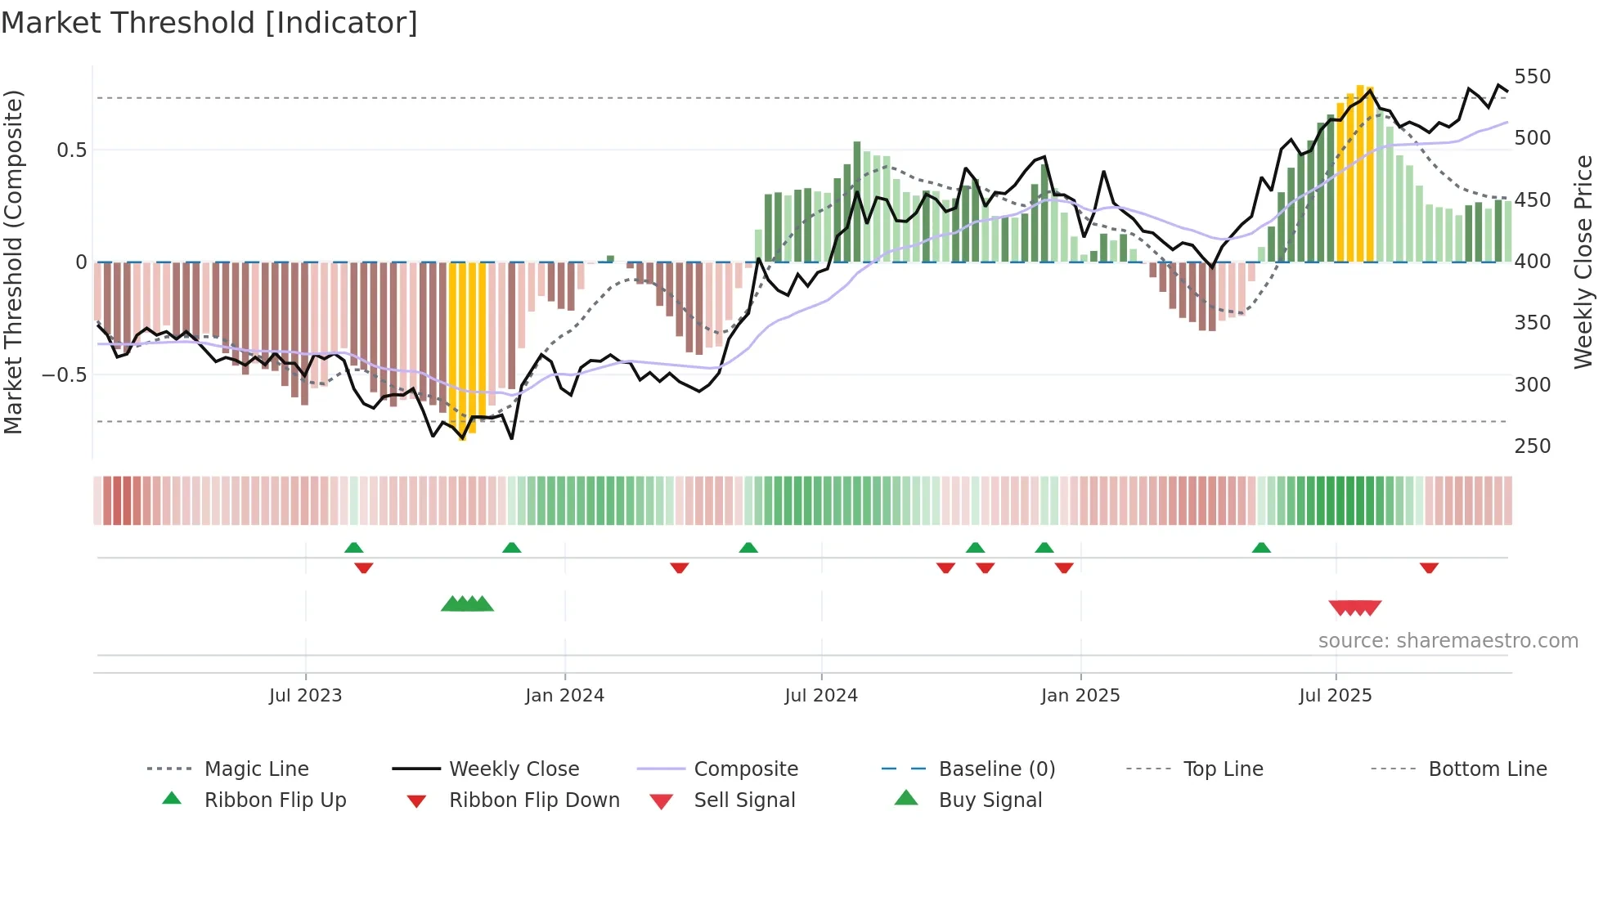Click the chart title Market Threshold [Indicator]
pos(209,23)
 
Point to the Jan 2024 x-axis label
pos(564,696)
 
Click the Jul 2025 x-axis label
pos(1335,696)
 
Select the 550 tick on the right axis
pos(1532,77)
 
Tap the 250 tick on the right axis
pos(1532,446)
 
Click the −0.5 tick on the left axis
pos(65,375)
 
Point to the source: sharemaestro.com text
pos(1448,641)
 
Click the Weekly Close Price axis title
pos(1583,262)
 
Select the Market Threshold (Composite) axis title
pos(13,262)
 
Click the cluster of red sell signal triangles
pos(1355,607)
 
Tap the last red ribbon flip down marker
pos(1429,567)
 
